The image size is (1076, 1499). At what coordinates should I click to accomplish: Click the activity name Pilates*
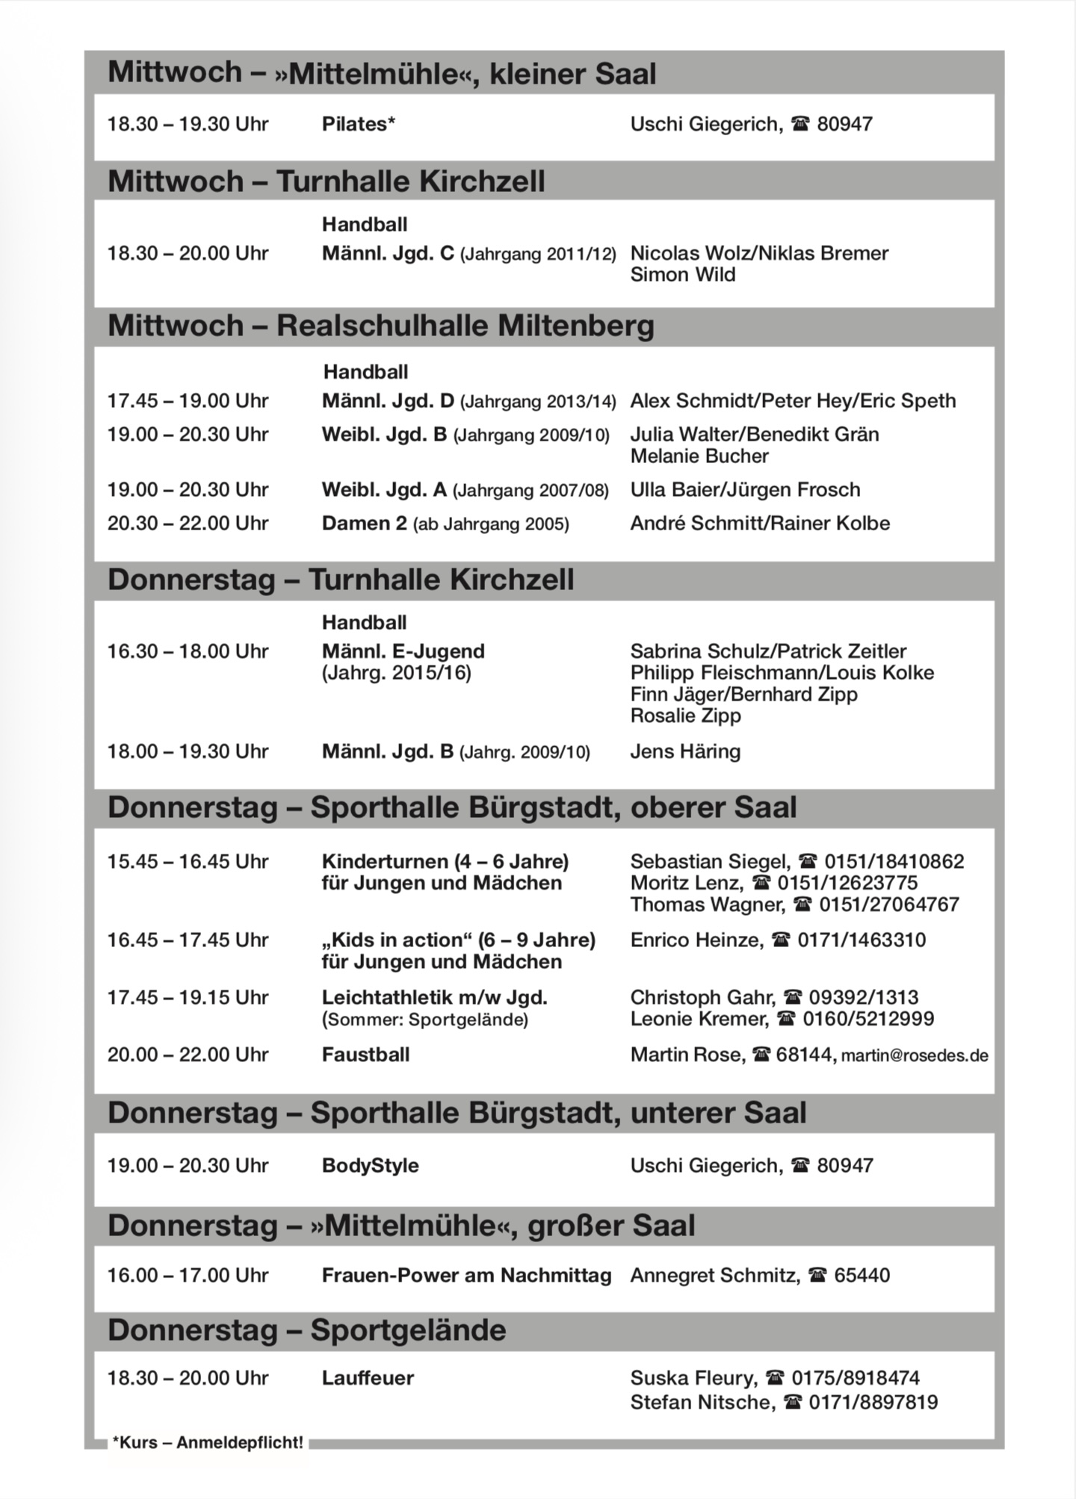(x=358, y=124)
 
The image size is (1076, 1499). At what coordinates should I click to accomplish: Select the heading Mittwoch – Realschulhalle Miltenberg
(x=380, y=326)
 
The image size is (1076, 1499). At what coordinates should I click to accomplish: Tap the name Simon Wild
(x=682, y=275)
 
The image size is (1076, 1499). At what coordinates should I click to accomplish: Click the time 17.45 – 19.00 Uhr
(x=188, y=401)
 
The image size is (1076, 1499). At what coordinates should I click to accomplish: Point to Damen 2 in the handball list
(x=365, y=524)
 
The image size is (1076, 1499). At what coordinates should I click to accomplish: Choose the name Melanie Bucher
(x=699, y=456)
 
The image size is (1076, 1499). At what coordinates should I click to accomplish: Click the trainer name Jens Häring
(x=685, y=751)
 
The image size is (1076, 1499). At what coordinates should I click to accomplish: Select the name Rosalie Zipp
(x=685, y=716)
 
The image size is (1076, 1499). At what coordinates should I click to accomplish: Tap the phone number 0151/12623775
(x=847, y=883)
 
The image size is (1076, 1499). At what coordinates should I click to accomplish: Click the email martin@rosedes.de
(x=915, y=1055)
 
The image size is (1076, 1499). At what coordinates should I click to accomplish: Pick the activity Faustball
(x=365, y=1055)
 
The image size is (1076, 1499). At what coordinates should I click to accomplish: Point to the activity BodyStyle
(x=370, y=1165)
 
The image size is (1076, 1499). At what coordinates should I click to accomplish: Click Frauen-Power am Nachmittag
(x=466, y=1275)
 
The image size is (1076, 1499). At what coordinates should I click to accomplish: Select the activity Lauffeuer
(x=368, y=1378)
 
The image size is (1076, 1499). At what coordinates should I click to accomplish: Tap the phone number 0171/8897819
(x=873, y=1402)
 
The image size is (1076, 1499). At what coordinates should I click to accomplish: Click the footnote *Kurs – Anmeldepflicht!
(x=208, y=1442)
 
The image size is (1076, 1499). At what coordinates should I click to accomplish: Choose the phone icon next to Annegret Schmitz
(x=817, y=1276)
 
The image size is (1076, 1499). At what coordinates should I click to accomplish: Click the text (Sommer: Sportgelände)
(x=424, y=1019)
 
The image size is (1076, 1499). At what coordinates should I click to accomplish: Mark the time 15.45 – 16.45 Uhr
(x=188, y=862)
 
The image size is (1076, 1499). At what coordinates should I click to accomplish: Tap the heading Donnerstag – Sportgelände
(x=306, y=1330)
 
